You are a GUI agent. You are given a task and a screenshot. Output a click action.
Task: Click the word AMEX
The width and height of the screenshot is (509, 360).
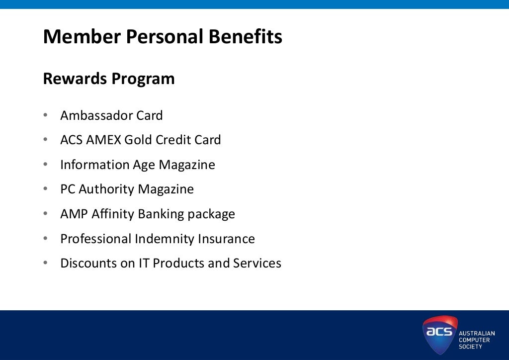click(103, 140)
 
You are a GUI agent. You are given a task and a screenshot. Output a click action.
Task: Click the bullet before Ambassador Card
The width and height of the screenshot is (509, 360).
click(45, 115)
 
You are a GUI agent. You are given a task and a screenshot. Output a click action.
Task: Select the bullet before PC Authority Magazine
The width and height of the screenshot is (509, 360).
click(45, 189)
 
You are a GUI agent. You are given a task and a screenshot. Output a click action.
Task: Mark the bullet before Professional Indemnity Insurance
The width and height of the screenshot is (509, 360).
click(45, 239)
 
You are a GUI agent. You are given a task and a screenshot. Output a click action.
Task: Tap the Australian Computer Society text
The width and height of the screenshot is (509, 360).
click(476, 340)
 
